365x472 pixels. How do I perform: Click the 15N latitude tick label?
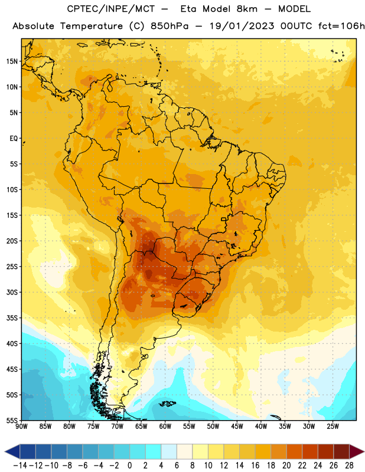click(x=12, y=61)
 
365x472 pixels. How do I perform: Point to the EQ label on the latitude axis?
click(x=14, y=139)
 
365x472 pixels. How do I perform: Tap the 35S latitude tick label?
click(x=12, y=318)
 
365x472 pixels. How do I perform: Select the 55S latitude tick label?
click(x=12, y=421)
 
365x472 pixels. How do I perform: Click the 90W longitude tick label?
click(x=21, y=426)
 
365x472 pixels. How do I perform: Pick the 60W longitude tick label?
click(x=165, y=426)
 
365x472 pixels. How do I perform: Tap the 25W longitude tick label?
click(x=333, y=426)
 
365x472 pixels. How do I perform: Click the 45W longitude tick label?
click(x=237, y=426)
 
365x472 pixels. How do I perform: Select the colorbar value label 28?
click(x=349, y=466)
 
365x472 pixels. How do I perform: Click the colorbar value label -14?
click(x=20, y=466)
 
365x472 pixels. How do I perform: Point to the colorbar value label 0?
click(x=129, y=466)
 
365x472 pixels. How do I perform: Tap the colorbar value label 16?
click(x=255, y=466)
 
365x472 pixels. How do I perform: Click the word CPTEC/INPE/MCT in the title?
click(x=110, y=9)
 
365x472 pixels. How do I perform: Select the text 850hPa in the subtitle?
click(x=170, y=26)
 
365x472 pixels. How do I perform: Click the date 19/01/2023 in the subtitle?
click(x=242, y=26)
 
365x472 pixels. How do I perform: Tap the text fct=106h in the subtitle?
click(x=341, y=26)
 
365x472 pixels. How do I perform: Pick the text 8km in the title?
click(x=247, y=9)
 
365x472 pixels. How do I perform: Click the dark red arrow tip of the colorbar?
click(x=357, y=451)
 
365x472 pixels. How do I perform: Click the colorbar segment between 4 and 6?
click(x=169, y=451)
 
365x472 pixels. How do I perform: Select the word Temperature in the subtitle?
click(x=92, y=27)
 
